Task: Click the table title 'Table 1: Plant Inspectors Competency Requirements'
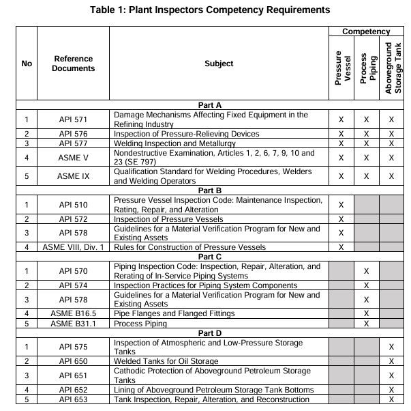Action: click(x=205, y=10)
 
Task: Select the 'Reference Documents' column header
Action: click(x=74, y=63)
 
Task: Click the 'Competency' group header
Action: click(x=366, y=31)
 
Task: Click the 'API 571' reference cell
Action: click(x=74, y=119)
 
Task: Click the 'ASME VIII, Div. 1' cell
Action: click(x=74, y=247)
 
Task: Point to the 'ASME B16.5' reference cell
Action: click(x=74, y=313)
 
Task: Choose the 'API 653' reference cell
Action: click(x=74, y=399)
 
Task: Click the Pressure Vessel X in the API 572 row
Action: click(x=341, y=218)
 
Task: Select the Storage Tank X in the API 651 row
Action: click(x=392, y=375)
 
